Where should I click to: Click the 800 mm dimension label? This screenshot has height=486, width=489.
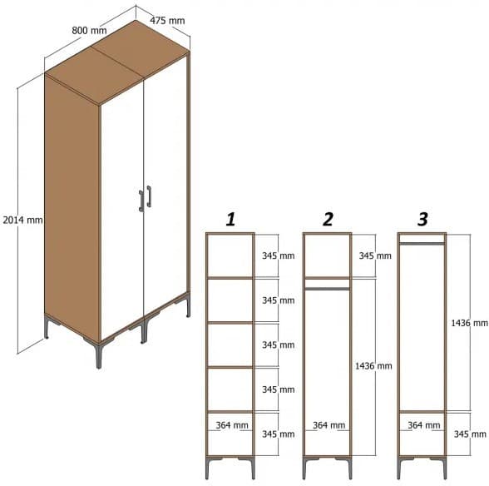[89, 31]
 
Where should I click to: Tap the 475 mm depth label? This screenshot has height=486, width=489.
[167, 18]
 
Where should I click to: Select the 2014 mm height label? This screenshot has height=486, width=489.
[22, 220]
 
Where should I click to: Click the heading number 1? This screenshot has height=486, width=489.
[230, 219]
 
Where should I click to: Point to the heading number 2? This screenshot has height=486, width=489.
[328, 219]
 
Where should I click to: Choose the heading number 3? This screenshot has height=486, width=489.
[422, 219]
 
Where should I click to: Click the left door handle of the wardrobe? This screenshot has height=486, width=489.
[141, 201]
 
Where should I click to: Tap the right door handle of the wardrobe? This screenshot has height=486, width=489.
[149, 195]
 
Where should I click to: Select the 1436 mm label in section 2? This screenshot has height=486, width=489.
[374, 365]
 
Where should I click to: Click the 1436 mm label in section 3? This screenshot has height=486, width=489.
[467, 322]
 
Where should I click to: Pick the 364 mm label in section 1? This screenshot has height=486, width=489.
[232, 425]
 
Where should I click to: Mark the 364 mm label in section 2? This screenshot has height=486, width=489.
[329, 425]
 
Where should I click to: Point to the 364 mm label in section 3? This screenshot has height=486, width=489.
[424, 425]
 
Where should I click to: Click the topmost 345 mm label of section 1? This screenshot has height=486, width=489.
[278, 255]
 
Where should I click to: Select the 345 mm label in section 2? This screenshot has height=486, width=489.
[374, 255]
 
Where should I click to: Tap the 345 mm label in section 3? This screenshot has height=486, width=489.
[470, 434]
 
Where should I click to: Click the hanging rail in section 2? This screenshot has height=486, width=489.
[327, 288]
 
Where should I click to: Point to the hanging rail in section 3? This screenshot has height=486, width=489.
[422, 243]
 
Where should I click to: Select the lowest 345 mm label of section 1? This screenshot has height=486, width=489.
[278, 434]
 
